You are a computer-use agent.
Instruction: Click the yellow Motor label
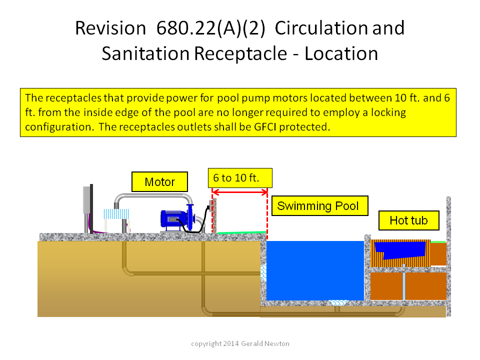(x=159, y=182)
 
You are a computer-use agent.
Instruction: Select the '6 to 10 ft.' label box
(x=240, y=178)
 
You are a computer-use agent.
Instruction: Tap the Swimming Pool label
(x=320, y=205)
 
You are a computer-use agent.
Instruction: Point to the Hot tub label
(x=408, y=220)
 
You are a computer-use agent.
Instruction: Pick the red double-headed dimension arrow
(x=240, y=192)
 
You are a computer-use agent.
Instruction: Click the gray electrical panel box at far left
(x=86, y=199)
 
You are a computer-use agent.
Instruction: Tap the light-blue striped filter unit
(x=116, y=213)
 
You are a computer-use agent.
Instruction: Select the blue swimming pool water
(x=315, y=270)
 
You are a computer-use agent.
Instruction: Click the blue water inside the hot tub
(x=399, y=250)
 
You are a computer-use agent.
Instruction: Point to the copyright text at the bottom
(x=240, y=343)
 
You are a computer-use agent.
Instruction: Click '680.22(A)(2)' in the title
(x=210, y=28)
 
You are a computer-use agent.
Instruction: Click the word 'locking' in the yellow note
(x=388, y=112)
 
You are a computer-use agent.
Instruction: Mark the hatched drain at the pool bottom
(x=338, y=302)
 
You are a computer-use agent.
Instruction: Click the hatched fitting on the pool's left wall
(x=263, y=273)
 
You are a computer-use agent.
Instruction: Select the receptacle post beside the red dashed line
(x=214, y=215)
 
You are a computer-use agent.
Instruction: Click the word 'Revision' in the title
(x=110, y=28)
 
